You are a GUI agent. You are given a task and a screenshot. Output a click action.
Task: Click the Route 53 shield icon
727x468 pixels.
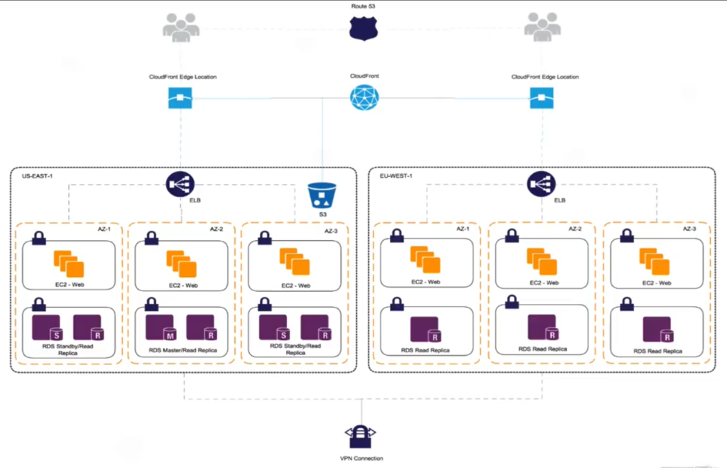363,29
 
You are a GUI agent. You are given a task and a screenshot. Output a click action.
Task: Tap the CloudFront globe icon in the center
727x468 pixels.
363,97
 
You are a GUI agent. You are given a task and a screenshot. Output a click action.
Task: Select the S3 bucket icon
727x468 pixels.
322,195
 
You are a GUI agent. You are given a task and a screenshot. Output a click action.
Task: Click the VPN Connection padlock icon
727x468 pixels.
361,434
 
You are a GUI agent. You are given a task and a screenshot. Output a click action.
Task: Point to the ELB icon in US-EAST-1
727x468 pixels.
180,185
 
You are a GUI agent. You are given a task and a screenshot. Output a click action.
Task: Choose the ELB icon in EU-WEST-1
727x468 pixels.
542,185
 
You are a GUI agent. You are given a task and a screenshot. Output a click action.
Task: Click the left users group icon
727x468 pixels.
181,28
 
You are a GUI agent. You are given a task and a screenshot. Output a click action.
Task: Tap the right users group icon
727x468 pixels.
542,28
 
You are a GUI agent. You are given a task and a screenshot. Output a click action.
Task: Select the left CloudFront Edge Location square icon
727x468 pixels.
180,97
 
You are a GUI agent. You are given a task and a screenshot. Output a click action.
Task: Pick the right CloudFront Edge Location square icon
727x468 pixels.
542,97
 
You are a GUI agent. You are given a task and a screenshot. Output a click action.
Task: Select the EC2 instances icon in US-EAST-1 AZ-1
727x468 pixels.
69,263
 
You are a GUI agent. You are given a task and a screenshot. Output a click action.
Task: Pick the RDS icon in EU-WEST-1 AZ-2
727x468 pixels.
542,327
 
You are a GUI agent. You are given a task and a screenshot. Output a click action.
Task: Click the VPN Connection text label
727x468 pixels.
361,458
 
